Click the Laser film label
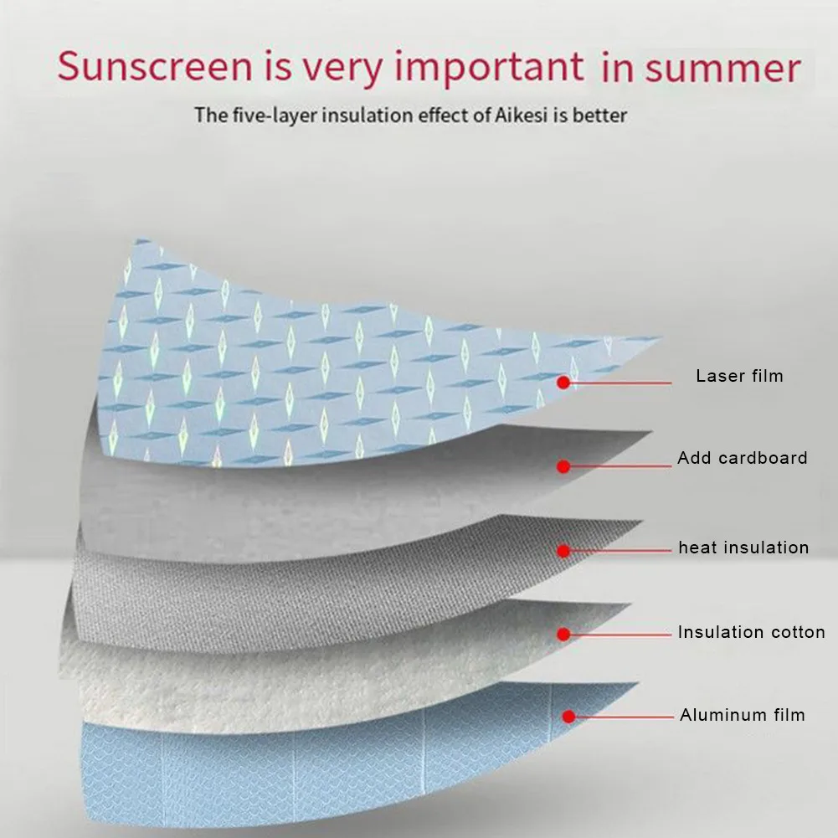coord(739,376)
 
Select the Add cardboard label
coord(743,458)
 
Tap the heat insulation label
coord(743,548)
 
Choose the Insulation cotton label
coord(751,632)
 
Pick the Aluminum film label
coord(742,715)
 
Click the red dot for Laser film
coord(564,383)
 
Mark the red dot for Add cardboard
coord(564,465)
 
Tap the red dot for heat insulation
coord(564,551)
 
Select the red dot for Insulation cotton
coord(567,635)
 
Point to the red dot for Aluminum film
coord(568,717)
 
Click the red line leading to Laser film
coord(620,383)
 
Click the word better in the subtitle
coord(599,114)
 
